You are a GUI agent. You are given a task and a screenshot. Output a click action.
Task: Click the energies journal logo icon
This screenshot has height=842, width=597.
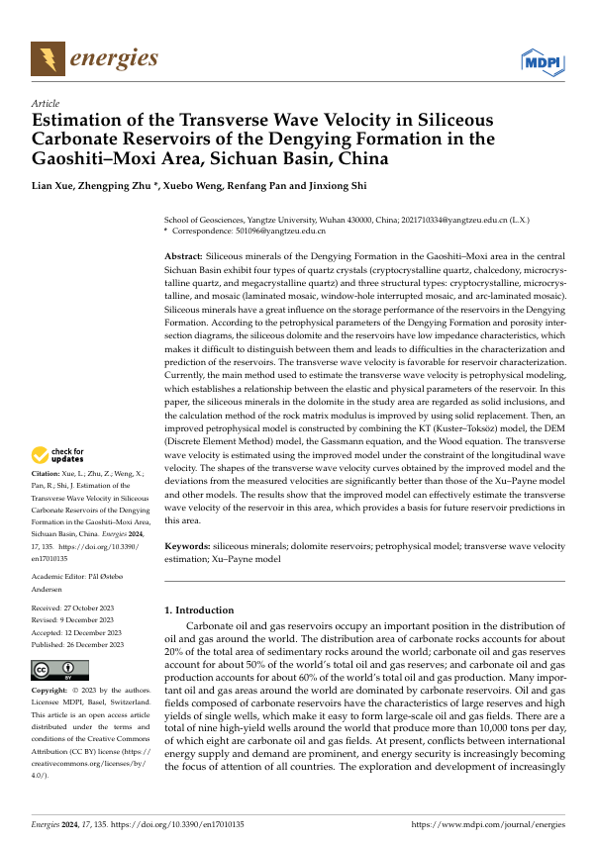pyautogui.click(x=45, y=60)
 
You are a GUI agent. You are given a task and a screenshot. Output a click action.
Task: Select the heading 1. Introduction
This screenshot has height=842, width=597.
pyautogui.click(x=199, y=610)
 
